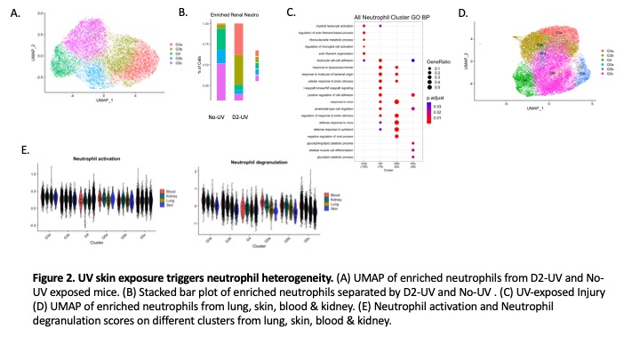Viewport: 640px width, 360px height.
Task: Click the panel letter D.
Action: (463, 14)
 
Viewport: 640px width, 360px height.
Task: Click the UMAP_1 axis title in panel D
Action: (532, 108)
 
